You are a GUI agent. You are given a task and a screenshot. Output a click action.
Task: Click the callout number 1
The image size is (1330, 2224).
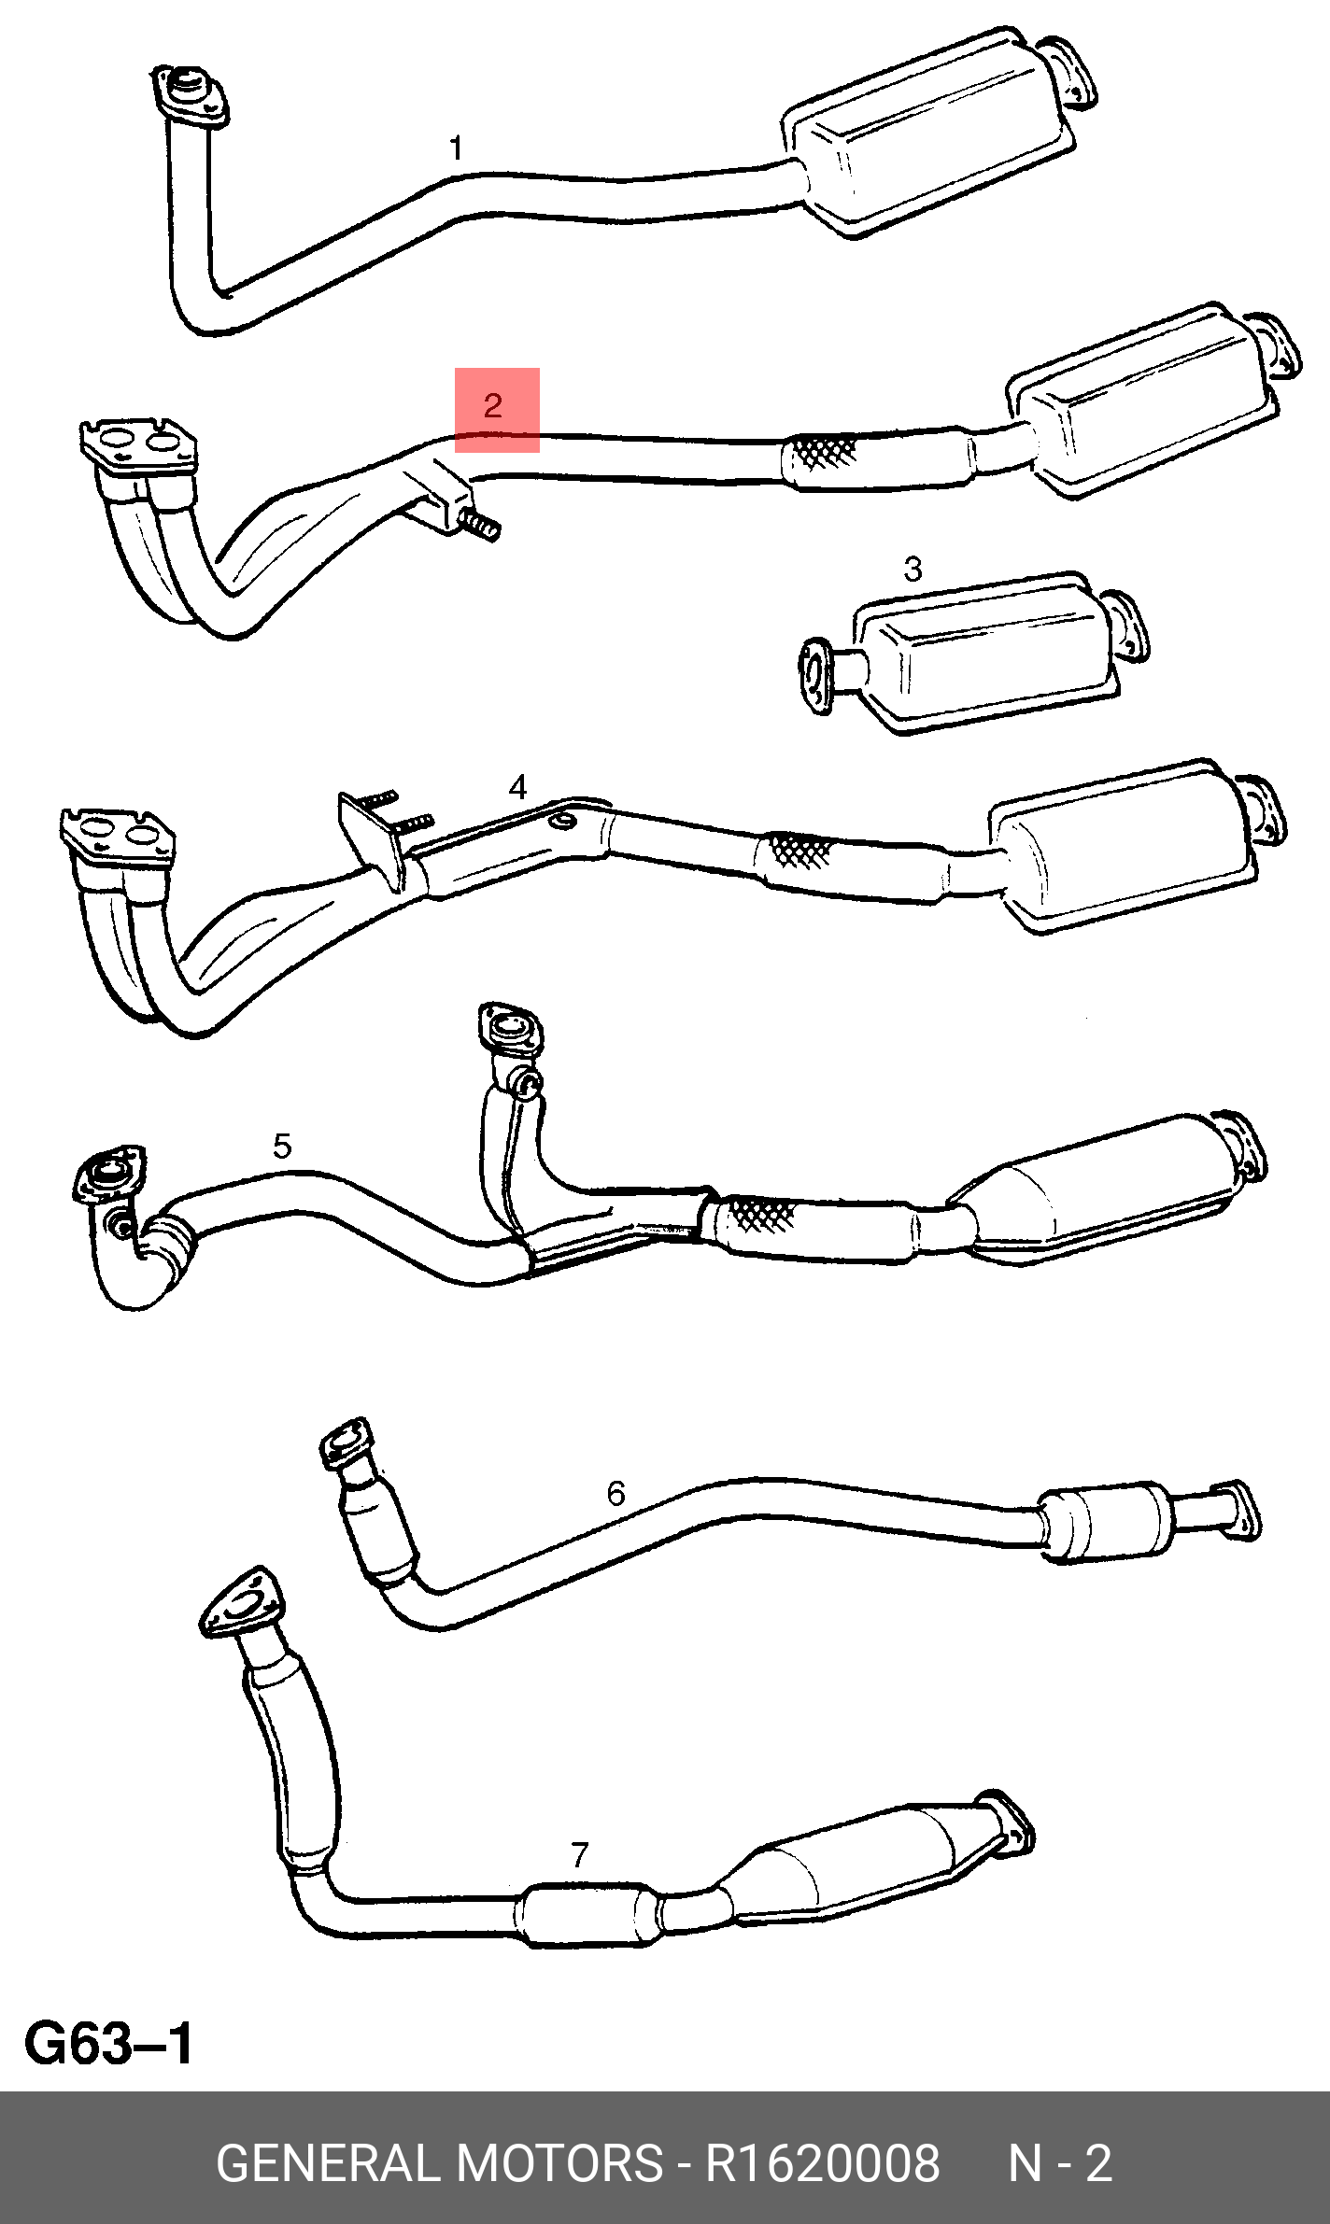click(x=456, y=148)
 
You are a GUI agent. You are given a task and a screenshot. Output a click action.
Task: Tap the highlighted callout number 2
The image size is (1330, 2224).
click(x=493, y=405)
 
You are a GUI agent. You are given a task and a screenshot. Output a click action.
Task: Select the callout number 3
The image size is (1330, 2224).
click(x=913, y=569)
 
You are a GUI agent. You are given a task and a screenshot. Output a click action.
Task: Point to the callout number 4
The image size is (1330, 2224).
click(x=517, y=787)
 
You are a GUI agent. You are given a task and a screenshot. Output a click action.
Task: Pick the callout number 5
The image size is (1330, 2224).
click(x=282, y=1146)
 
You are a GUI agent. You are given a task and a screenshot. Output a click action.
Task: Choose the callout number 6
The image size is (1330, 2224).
click(x=615, y=1494)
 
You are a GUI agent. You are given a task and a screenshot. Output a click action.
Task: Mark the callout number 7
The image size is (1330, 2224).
click(x=580, y=1854)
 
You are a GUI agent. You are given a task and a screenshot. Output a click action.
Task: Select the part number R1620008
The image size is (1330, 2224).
click(x=822, y=2163)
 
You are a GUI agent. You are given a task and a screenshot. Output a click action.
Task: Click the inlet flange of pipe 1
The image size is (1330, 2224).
click(x=191, y=95)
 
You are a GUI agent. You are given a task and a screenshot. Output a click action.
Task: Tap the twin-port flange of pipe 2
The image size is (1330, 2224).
click(x=138, y=444)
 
